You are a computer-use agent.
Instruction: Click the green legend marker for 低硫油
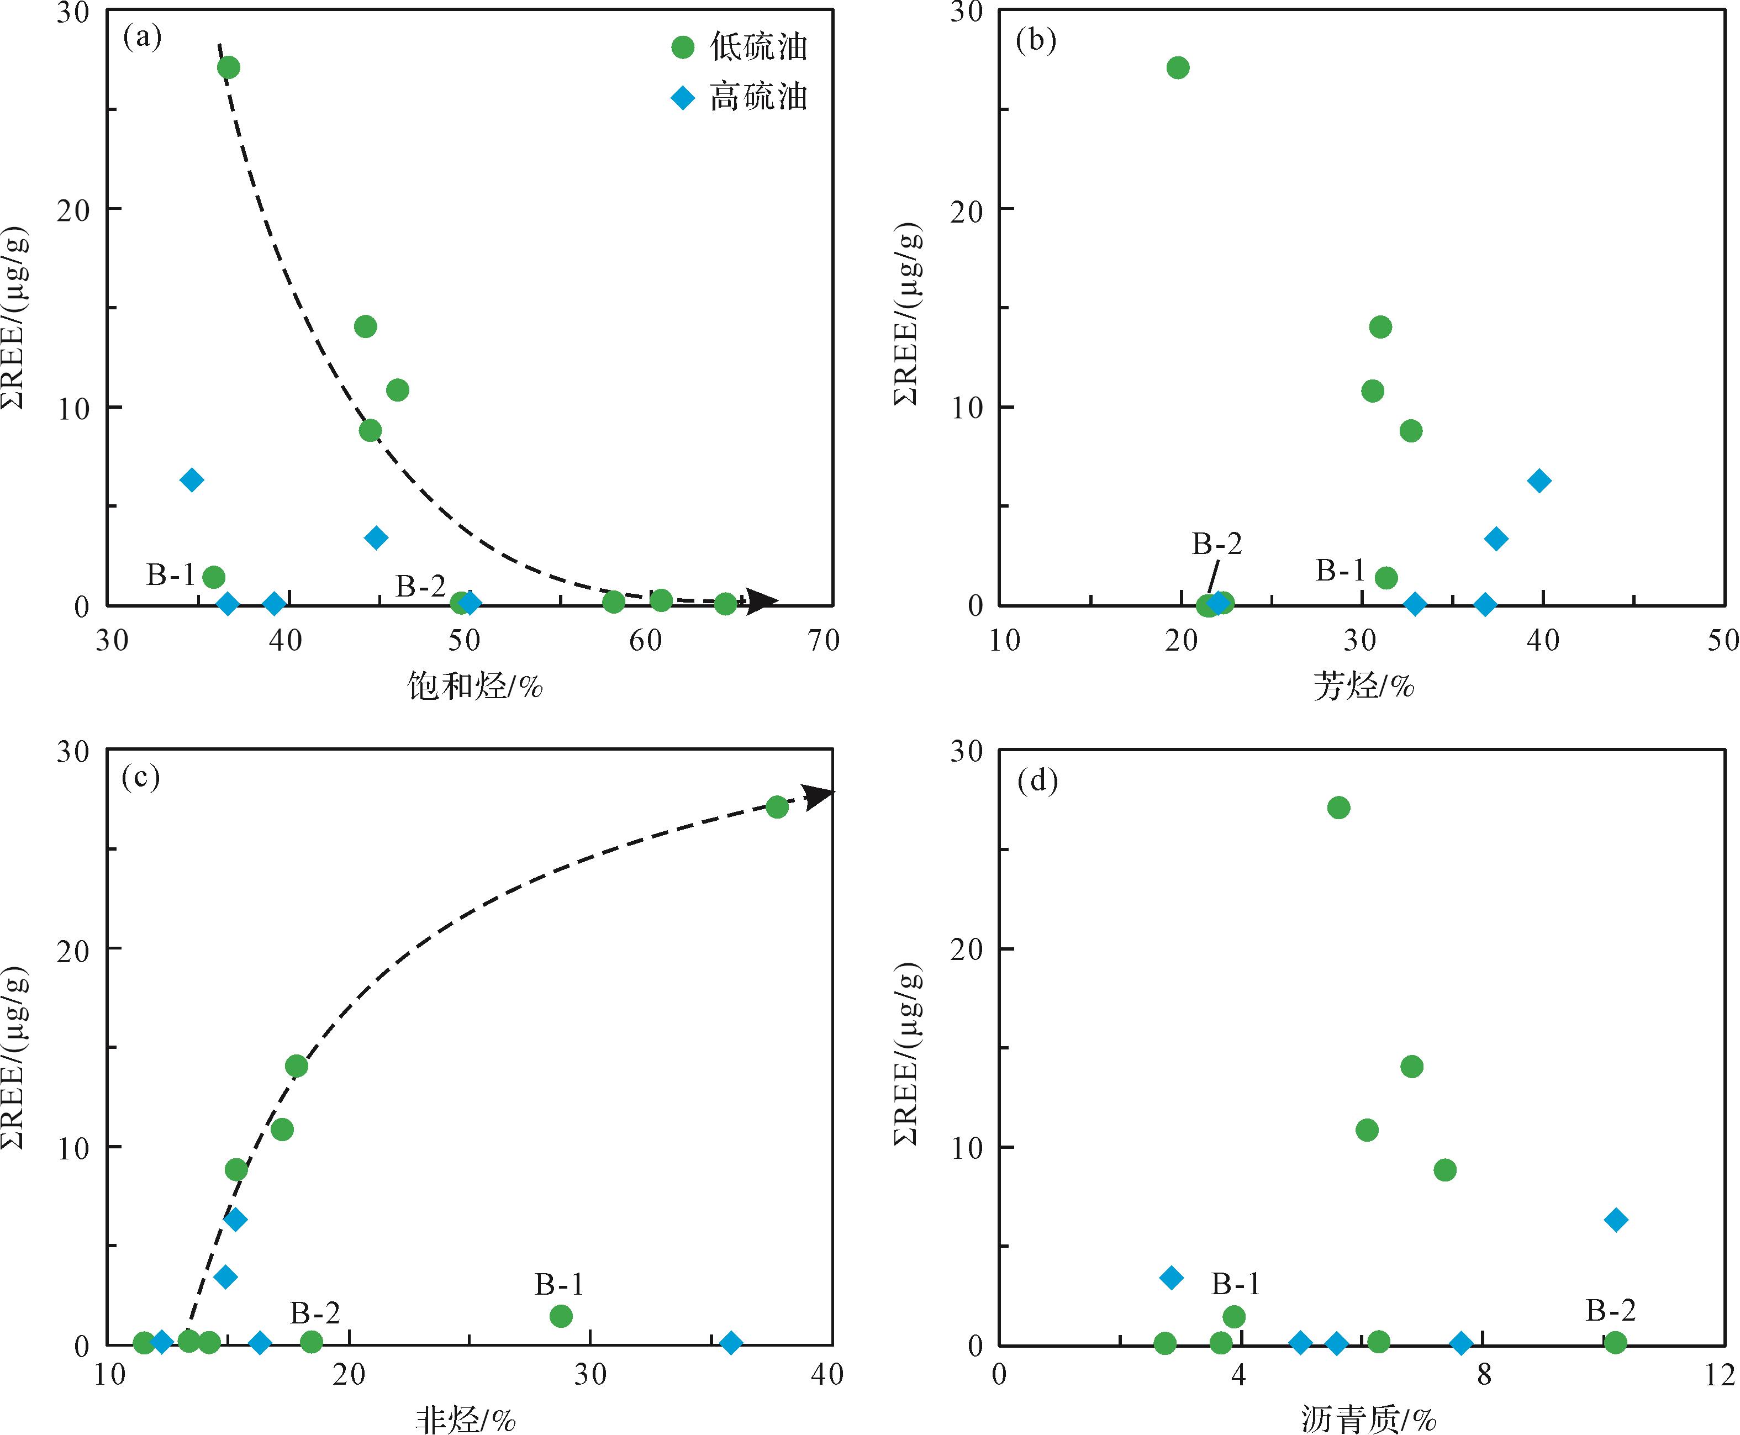[x=683, y=47]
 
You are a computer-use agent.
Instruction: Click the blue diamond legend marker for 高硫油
[x=683, y=98]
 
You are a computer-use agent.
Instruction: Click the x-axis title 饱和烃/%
[x=474, y=686]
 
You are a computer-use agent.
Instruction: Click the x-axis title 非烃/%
[x=465, y=1420]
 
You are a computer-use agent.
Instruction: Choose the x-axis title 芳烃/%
[x=1364, y=686]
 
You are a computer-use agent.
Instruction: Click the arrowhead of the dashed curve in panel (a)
[x=762, y=601]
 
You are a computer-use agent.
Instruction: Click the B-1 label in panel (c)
[x=559, y=1284]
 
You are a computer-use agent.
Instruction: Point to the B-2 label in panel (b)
[x=1217, y=543]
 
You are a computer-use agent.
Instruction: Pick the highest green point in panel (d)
[x=1338, y=808]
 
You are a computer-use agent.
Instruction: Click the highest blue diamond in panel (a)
[x=192, y=480]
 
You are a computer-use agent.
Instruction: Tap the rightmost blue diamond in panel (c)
[x=731, y=1342]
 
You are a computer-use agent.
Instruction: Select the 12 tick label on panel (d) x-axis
[x=1720, y=1375]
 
